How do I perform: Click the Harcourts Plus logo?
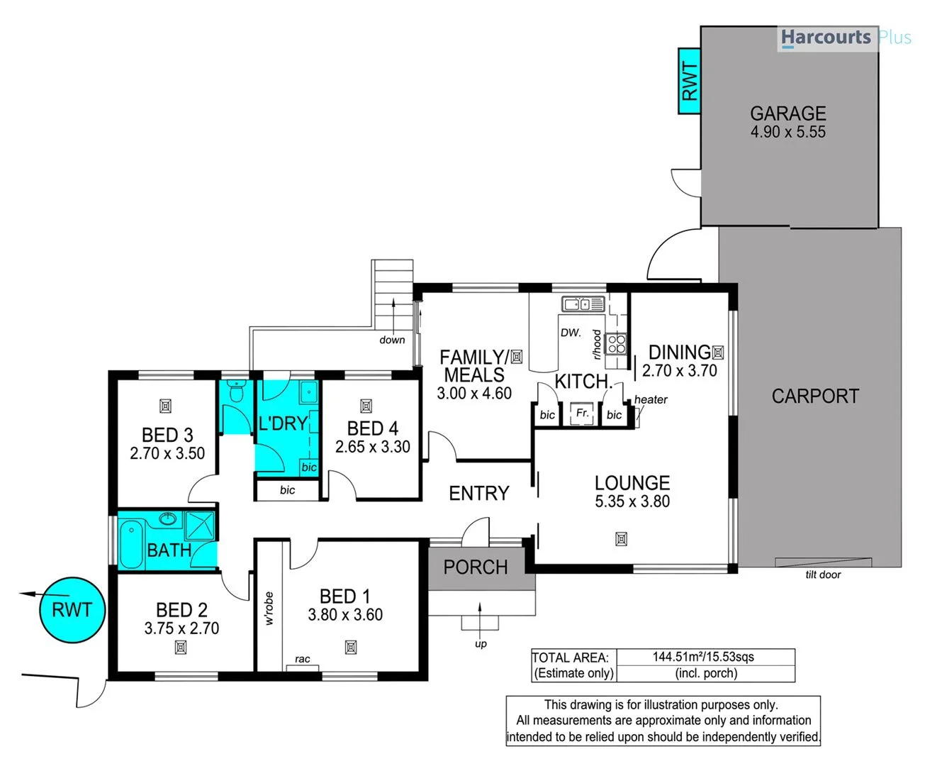pos(844,38)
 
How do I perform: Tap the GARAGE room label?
pos(787,113)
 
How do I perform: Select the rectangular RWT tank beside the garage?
pos(689,81)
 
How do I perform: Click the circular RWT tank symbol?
pos(72,609)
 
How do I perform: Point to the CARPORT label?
pos(814,396)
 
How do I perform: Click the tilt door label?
pos(822,574)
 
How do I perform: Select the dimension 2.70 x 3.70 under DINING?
pos(679,370)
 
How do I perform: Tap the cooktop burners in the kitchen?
pos(616,344)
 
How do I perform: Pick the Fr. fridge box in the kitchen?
pos(581,413)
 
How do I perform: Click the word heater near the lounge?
pos(650,399)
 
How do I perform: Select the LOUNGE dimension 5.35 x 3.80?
pos(632,501)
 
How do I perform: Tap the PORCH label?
pos(475,567)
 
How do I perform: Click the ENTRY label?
pos(478,493)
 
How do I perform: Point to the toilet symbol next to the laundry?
pos(237,392)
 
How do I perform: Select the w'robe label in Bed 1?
pos(269,609)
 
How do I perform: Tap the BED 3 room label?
pos(167,435)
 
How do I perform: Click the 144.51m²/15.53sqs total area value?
pos(702,657)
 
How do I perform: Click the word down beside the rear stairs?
pos(391,340)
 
